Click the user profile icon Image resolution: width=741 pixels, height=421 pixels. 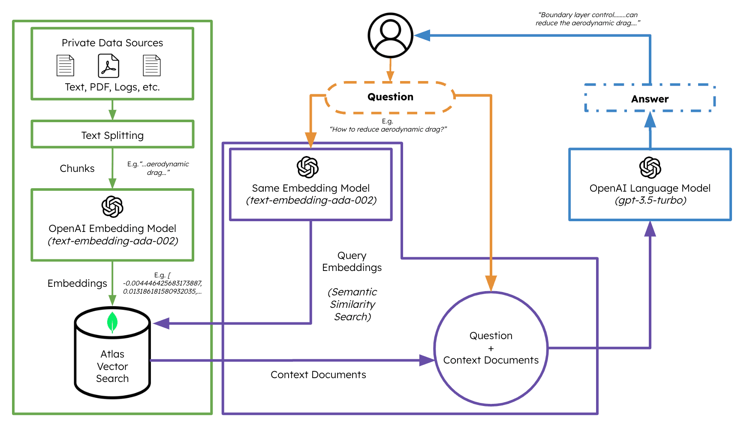click(x=390, y=35)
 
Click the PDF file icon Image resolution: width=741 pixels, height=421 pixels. click(x=108, y=66)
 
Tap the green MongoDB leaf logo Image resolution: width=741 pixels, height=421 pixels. click(x=112, y=322)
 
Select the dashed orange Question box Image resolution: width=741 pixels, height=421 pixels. click(x=390, y=97)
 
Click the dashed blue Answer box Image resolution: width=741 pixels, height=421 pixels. click(x=650, y=99)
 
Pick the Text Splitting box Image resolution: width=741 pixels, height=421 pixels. click(x=112, y=135)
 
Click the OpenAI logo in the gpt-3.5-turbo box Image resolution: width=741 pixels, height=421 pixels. click(x=650, y=168)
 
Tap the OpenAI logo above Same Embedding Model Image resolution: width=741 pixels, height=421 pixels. click(x=308, y=167)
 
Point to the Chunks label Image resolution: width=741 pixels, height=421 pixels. click(x=77, y=168)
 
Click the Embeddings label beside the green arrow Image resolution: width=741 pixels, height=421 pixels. click(x=77, y=283)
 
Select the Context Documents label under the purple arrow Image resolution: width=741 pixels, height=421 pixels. click(x=318, y=375)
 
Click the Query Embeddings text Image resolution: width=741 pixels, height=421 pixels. click(x=352, y=262)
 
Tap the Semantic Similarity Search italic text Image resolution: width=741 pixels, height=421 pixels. click(x=352, y=304)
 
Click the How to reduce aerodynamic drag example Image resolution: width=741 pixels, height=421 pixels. click(x=388, y=129)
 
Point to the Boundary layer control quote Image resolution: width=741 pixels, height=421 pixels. click(x=587, y=19)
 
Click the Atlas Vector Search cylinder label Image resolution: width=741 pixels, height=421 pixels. click(x=112, y=366)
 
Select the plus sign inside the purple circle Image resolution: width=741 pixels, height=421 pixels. click(x=491, y=349)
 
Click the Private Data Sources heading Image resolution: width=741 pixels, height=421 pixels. click(x=112, y=43)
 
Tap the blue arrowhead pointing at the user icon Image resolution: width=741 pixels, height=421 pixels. click(x=423, y=36)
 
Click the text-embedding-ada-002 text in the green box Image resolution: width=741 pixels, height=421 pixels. click(x=113, y=241)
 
